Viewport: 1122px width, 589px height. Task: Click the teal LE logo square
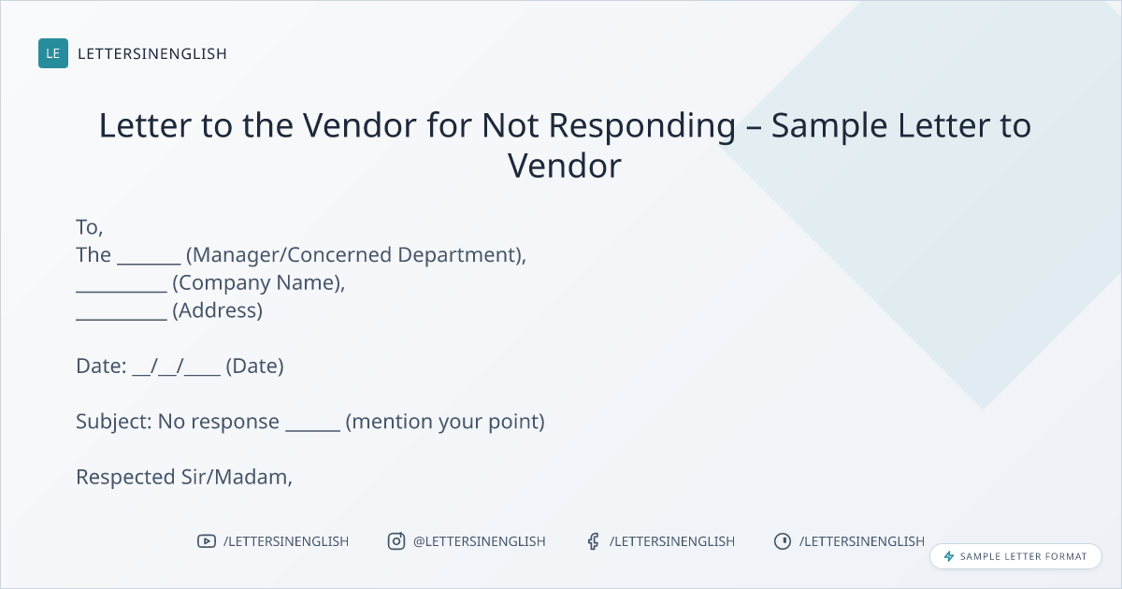click(53, 53)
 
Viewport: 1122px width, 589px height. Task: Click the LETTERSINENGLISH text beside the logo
click(152, 53)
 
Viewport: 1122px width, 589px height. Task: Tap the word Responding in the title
click(642, 126)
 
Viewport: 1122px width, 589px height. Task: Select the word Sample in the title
click(829, 126)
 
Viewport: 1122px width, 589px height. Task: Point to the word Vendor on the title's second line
click(565, 165)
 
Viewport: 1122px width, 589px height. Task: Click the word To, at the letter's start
click(90, 227)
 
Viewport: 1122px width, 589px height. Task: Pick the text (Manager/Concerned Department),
click(356, 255)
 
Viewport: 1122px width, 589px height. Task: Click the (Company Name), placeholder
click(258, 283)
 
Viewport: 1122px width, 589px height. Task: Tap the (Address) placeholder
click(217, 310)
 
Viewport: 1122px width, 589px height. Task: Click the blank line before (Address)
click(122, 319)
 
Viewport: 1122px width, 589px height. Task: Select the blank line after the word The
click(149, 264)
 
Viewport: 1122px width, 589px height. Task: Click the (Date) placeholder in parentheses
click(254, 366)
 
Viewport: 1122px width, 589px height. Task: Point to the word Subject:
click(114, 422)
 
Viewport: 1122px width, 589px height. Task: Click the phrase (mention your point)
click(445, 422)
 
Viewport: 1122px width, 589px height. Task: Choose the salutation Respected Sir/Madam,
click(184, 478)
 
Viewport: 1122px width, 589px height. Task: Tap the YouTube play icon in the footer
click(207, 541)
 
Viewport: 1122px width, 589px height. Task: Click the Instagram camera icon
click(396, 541)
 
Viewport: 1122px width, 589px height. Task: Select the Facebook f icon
click(593, 541)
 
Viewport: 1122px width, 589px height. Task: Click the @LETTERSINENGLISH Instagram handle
click(479, 541)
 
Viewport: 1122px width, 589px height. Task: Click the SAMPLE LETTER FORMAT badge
click(1015, 556)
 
